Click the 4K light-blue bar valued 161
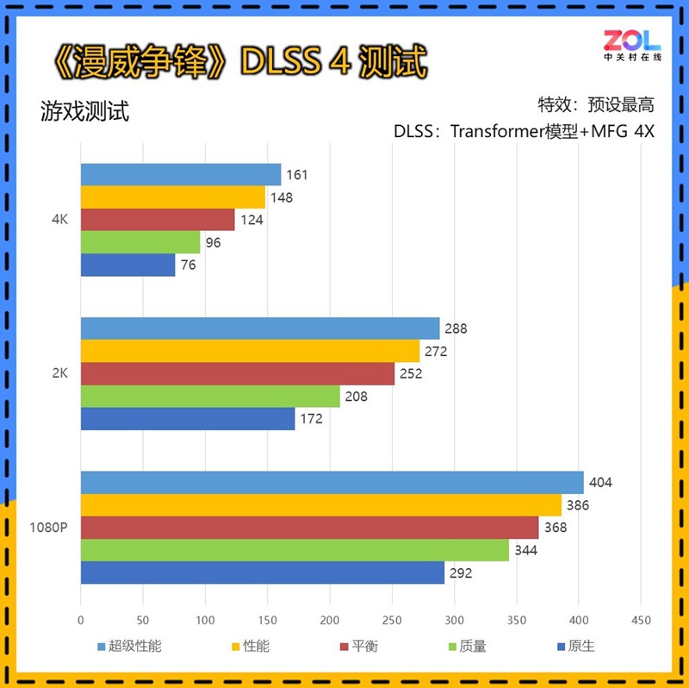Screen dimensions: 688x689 [181, 175]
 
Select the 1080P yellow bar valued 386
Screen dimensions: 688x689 [320, 505]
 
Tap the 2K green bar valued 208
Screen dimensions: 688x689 [210, 397]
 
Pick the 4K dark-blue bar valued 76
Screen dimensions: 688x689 [127, 266]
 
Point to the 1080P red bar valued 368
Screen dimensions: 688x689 [309, 528]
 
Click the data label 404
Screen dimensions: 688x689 [600, 482]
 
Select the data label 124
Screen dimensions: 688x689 [251, 220]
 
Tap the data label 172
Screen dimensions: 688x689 [312, 419]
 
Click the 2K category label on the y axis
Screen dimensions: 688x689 [59, 374]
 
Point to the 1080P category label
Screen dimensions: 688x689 [48, 528]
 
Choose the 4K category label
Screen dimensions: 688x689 [59, 220]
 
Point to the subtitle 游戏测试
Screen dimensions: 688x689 [84, 112]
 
